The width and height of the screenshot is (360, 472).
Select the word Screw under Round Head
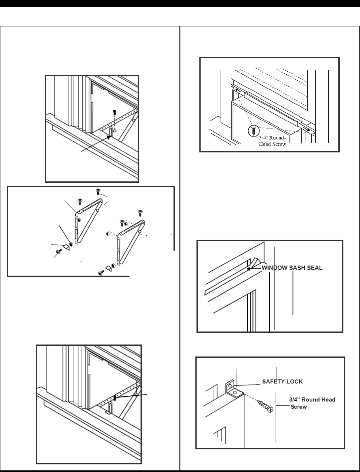299,407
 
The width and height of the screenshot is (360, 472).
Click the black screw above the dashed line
114,112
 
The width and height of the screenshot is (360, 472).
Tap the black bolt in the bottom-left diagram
115,397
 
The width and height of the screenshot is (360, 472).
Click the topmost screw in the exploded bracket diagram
98,191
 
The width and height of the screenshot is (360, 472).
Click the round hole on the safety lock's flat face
235,393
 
